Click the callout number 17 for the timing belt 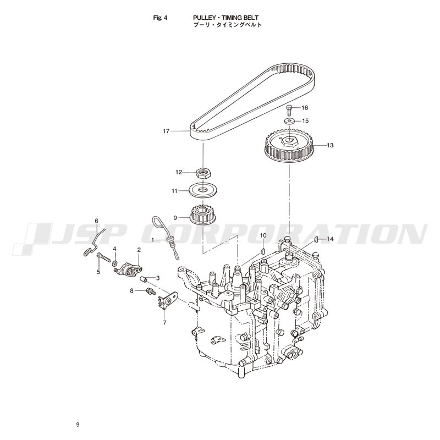(166, 131)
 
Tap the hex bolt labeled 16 (289, 111)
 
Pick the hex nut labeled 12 (202, 173)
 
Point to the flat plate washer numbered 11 (202, 191)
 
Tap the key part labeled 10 (263, 251)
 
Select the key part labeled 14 (316, 239)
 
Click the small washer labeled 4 (115, 263)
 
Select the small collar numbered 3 (144, 279)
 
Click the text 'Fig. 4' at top (160, 18)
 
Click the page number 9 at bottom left (78, 425)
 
